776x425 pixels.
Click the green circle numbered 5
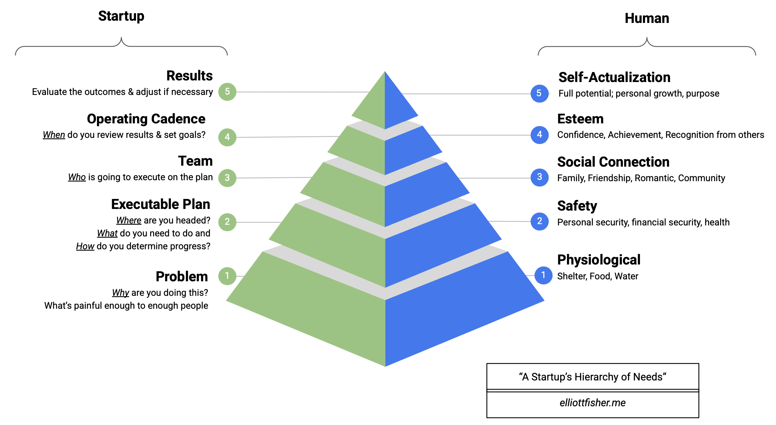[227, 92]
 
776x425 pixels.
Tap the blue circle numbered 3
[540, 177]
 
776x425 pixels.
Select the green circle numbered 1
[227, 276]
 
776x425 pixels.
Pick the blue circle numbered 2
[540, 221]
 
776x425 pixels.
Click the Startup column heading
[121, 16]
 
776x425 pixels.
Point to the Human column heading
[647, 18]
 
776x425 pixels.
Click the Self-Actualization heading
[614, 78]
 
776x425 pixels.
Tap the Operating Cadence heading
[146, 119]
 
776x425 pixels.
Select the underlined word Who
[77, 177]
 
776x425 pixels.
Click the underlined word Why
[121, 293]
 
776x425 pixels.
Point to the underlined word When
[54, 135]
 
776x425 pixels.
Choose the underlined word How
[85, 246]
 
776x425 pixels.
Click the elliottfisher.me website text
[592, 403]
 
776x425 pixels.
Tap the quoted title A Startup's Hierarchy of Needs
[592, 377]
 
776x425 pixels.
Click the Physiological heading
[599, 260]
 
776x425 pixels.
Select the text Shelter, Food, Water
[598, 276]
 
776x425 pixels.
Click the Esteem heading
[580, 119]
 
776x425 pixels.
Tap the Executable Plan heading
[161, 204]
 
